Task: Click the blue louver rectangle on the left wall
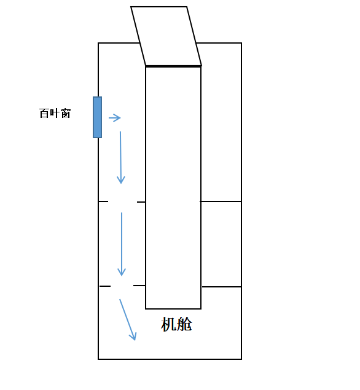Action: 97,117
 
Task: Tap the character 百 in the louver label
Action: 44,113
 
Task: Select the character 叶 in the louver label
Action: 55,113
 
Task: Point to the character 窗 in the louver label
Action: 66,113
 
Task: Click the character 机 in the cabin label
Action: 168,324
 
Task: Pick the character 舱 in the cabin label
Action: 184,324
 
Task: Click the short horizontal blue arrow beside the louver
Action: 115,118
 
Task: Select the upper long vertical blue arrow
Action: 120,157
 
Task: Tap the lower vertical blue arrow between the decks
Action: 122,244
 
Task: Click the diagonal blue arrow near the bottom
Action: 128,319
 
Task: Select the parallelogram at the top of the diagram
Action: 166,36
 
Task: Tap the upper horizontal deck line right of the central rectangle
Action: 221,201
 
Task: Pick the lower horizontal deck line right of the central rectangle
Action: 222,287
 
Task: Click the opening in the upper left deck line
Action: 122,201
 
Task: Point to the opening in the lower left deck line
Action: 122,286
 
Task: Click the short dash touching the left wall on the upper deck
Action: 103,201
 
